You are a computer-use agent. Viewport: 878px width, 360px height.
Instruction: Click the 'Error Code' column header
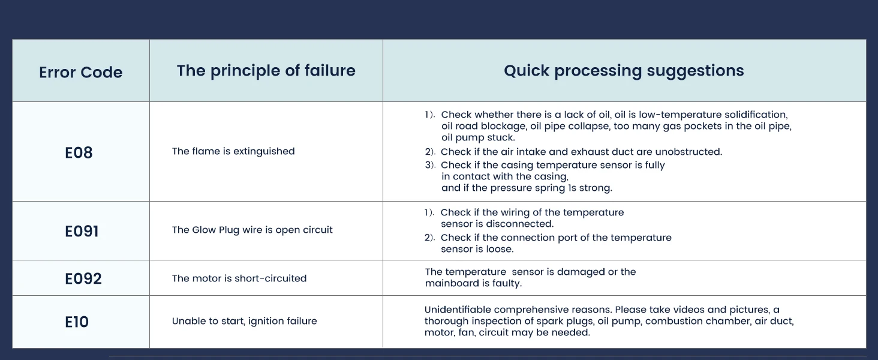(80, 73)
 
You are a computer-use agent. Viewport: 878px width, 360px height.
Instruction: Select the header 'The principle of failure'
(266, 71)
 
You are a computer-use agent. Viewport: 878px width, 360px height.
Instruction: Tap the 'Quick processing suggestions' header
(624, 71)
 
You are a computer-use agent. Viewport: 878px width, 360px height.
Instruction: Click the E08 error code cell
(79, 152)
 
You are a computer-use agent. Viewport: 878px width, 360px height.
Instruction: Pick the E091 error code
(82, 231)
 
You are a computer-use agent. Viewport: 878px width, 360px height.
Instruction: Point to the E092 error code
(83, 278)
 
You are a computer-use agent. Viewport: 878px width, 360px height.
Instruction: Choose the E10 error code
(77, 322)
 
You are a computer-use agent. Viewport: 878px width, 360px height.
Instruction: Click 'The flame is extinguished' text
(233, 151)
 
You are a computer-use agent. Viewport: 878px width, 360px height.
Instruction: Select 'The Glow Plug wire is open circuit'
(252, 230)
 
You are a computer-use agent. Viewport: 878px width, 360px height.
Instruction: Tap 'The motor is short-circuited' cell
(239, 278)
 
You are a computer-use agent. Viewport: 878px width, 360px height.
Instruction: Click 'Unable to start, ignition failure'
(244, 321)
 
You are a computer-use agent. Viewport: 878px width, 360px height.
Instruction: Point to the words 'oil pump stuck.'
(478, 138)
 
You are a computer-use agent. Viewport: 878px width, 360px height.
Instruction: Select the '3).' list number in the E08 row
(429, 165)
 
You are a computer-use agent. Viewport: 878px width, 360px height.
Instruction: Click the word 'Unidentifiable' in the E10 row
(458, 310)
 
